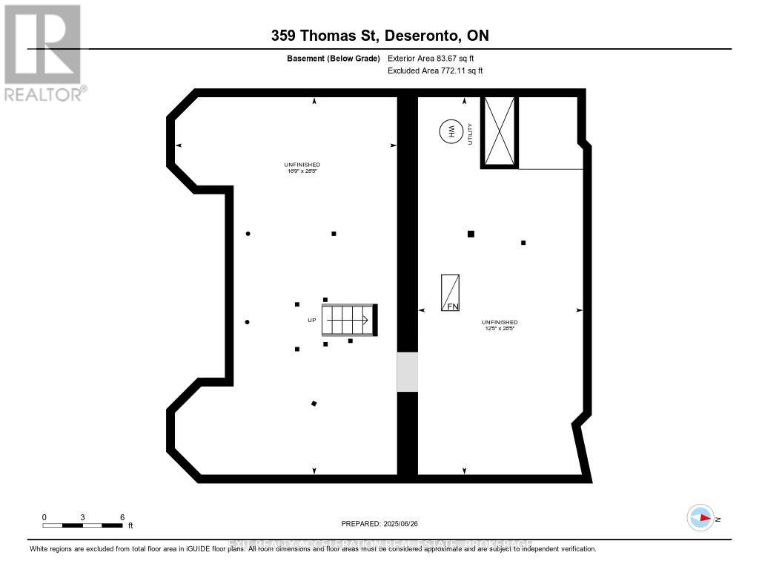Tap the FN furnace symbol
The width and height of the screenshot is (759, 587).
click(x=450, y=292)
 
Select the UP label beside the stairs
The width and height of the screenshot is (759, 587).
click(x=312, y=321)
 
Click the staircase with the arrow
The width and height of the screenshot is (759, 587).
click(x=349, y=320)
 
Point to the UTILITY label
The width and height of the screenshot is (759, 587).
click(x=470, y=134)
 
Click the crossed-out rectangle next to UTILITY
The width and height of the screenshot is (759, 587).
click(x=499, y=131)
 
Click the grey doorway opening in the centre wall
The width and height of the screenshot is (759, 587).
click(x=408, y=372)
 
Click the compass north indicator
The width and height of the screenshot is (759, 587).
click(x=701, y=517)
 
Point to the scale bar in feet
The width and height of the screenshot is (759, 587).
click(x=82, y=525)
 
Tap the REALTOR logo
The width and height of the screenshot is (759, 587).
click(x=43, y=52)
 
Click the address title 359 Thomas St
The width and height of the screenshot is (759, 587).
click(x=379, y=36)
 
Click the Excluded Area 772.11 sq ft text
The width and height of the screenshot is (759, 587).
click(x=435, y=70)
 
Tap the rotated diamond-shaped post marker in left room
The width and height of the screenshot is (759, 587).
click(x=314, y=404)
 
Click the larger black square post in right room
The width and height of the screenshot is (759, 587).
click(x=471, y=234)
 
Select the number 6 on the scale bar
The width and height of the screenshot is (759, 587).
click(x=122, y=517)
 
